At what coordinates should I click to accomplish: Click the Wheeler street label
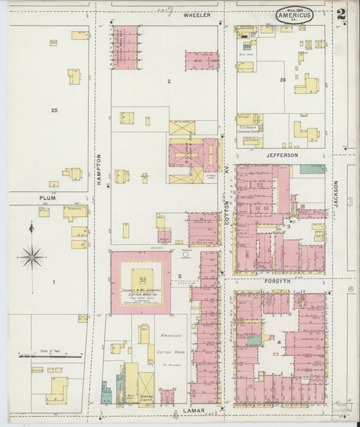coord(197,14)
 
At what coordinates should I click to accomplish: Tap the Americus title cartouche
coord(294,15)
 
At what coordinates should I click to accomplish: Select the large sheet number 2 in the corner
coord(343,13)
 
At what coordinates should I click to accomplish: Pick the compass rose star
coord(32,257)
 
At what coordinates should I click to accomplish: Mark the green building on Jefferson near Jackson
coord(312,169)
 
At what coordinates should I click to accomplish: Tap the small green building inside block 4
coord(254,340)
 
